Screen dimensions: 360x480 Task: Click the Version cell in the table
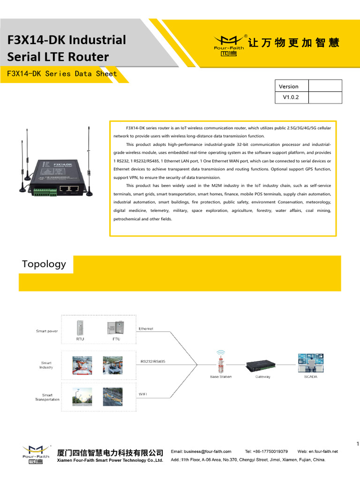coord(289,86)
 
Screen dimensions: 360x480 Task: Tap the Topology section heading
coord(44,264)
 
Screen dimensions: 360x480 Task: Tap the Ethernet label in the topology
coord(146,329)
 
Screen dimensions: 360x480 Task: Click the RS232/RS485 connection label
coord(153,361)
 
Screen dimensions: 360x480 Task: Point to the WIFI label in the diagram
coord(142,394)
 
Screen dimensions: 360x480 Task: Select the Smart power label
coord(47,331)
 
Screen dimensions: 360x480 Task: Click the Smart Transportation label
coord(47,397)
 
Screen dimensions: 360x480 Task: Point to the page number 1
coord(357,444)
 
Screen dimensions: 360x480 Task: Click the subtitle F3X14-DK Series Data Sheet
coord(62,74)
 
